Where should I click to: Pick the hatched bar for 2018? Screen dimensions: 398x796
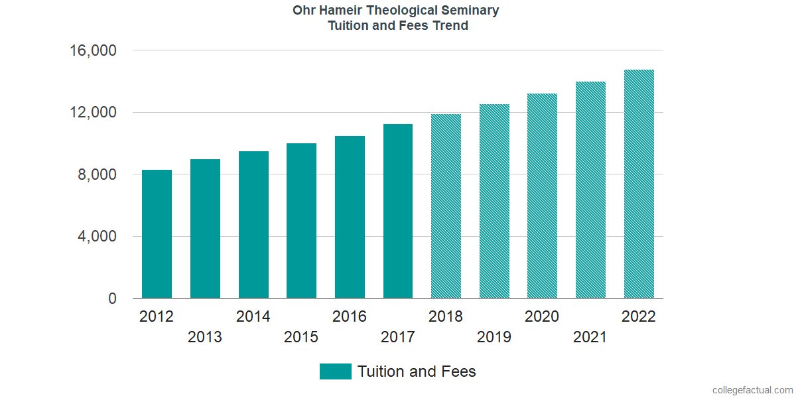pos(446,206)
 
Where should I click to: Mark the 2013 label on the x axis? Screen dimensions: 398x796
pos(205,338)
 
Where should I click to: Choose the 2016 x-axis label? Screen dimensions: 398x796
pos(350,316)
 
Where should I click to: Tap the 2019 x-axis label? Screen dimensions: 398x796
pos(494,338)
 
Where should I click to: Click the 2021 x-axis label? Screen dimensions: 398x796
pos(590,338)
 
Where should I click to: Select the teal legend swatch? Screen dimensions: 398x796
pos(335,371)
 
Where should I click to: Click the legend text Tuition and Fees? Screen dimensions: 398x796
pos(417,371)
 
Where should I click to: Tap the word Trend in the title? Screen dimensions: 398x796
pos(451,26)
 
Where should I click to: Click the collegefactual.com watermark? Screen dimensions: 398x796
pos(752,390)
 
